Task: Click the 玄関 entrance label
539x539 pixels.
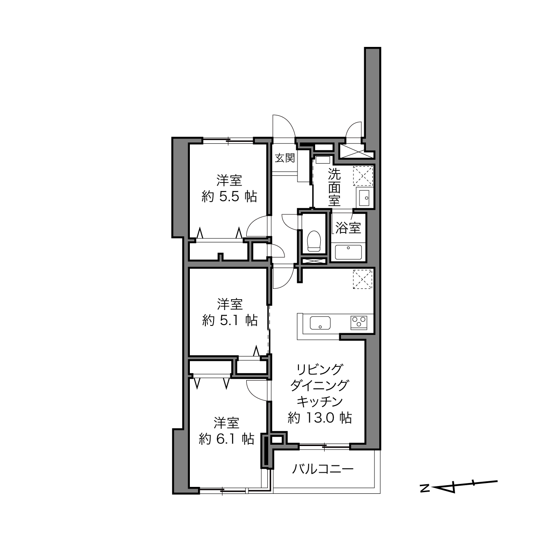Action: [x=285, y=158]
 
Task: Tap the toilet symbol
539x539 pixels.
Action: [x=314, y=241]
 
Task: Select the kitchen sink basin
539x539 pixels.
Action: [x=320, y=323]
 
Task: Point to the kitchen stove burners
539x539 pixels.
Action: [x=358, y=322]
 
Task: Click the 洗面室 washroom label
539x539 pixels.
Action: [x=334, y=187]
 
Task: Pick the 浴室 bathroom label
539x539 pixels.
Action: [x=348, y=228]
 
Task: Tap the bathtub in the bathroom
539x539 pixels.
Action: [x=348, y=252]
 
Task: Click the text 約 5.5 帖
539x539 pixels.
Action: [x=229, y=197]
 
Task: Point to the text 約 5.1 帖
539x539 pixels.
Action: [x=229, y=321]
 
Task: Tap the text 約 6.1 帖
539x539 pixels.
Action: [x=226, y=439]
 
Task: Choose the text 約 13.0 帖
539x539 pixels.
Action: [x=320, y=418]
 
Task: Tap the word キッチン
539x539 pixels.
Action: [x=320, y=402]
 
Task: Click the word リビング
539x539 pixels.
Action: [x=320, y=369]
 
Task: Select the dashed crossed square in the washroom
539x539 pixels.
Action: [x=363, y=176]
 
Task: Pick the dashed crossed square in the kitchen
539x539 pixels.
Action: [x=363, y=279]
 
